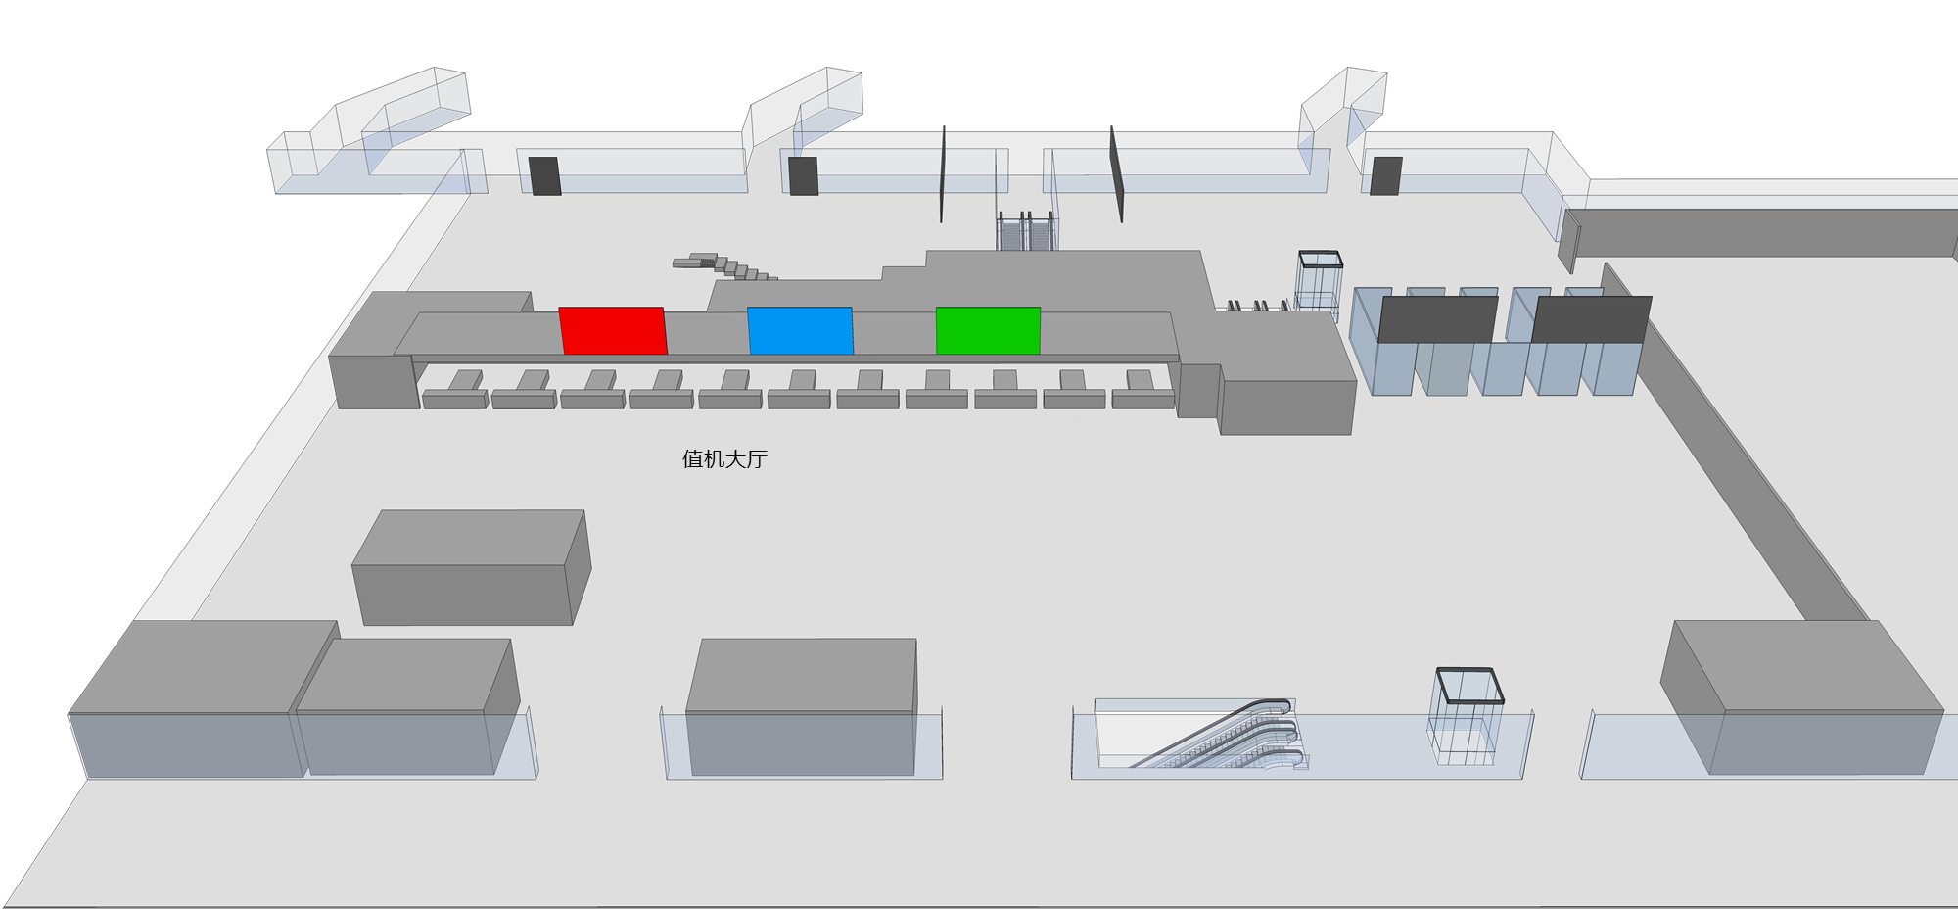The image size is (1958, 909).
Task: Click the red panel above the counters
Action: [613, 330]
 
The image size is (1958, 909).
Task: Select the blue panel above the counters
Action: [800, 330]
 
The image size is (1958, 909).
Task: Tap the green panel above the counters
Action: [988, 330]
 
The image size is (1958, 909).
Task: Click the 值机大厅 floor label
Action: [724, 459]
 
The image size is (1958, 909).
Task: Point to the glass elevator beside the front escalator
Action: [1467, 716]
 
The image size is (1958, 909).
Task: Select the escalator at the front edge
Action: [1199, 735]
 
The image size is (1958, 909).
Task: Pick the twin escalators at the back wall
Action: [1027, 231]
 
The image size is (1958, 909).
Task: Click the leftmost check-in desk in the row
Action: [456, 391]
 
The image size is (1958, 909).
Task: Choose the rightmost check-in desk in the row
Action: [1142, 391]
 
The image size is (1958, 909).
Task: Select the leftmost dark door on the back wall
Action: [544, 175]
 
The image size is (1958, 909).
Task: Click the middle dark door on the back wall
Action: [804, 176]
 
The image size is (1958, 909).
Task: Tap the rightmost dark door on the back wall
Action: [1385, 176]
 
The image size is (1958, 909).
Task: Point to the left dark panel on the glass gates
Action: [1437, 319]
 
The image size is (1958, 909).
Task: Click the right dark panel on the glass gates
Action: [1591, 319]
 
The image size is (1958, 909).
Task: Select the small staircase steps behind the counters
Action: [724, 265]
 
